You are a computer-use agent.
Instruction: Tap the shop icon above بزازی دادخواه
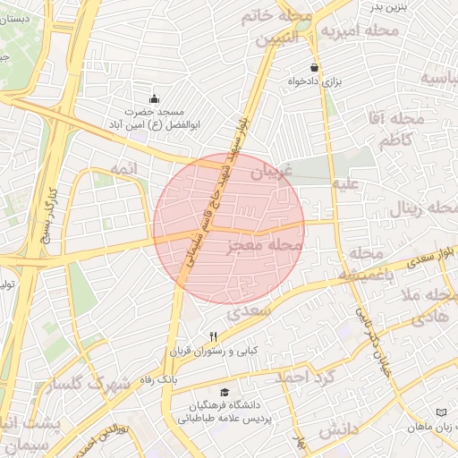[314, 67]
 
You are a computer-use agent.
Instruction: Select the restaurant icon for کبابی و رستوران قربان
[212, 336]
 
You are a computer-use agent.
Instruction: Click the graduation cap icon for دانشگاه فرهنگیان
[225, 391]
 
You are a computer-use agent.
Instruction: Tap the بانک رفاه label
[157, 380]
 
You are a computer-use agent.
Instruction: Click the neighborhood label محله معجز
[266, 244]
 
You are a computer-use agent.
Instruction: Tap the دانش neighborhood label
[337, 431]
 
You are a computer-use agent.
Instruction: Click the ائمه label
[123, 168]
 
